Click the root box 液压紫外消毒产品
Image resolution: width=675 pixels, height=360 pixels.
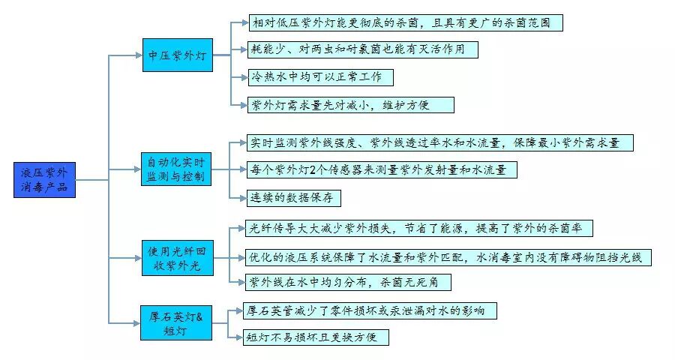[45, 180]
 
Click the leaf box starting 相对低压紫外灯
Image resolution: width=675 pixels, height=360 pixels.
[405, 22]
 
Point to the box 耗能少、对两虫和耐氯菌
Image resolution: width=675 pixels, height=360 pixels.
[363, 49]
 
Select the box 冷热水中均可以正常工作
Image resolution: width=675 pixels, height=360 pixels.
[320, 77]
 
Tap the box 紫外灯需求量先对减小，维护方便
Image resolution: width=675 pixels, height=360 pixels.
[350, 105]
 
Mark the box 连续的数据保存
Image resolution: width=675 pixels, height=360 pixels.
[295, 198]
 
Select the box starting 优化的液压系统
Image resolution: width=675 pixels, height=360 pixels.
[448, 257]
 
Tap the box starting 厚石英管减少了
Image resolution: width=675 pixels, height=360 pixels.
[370, 310]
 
